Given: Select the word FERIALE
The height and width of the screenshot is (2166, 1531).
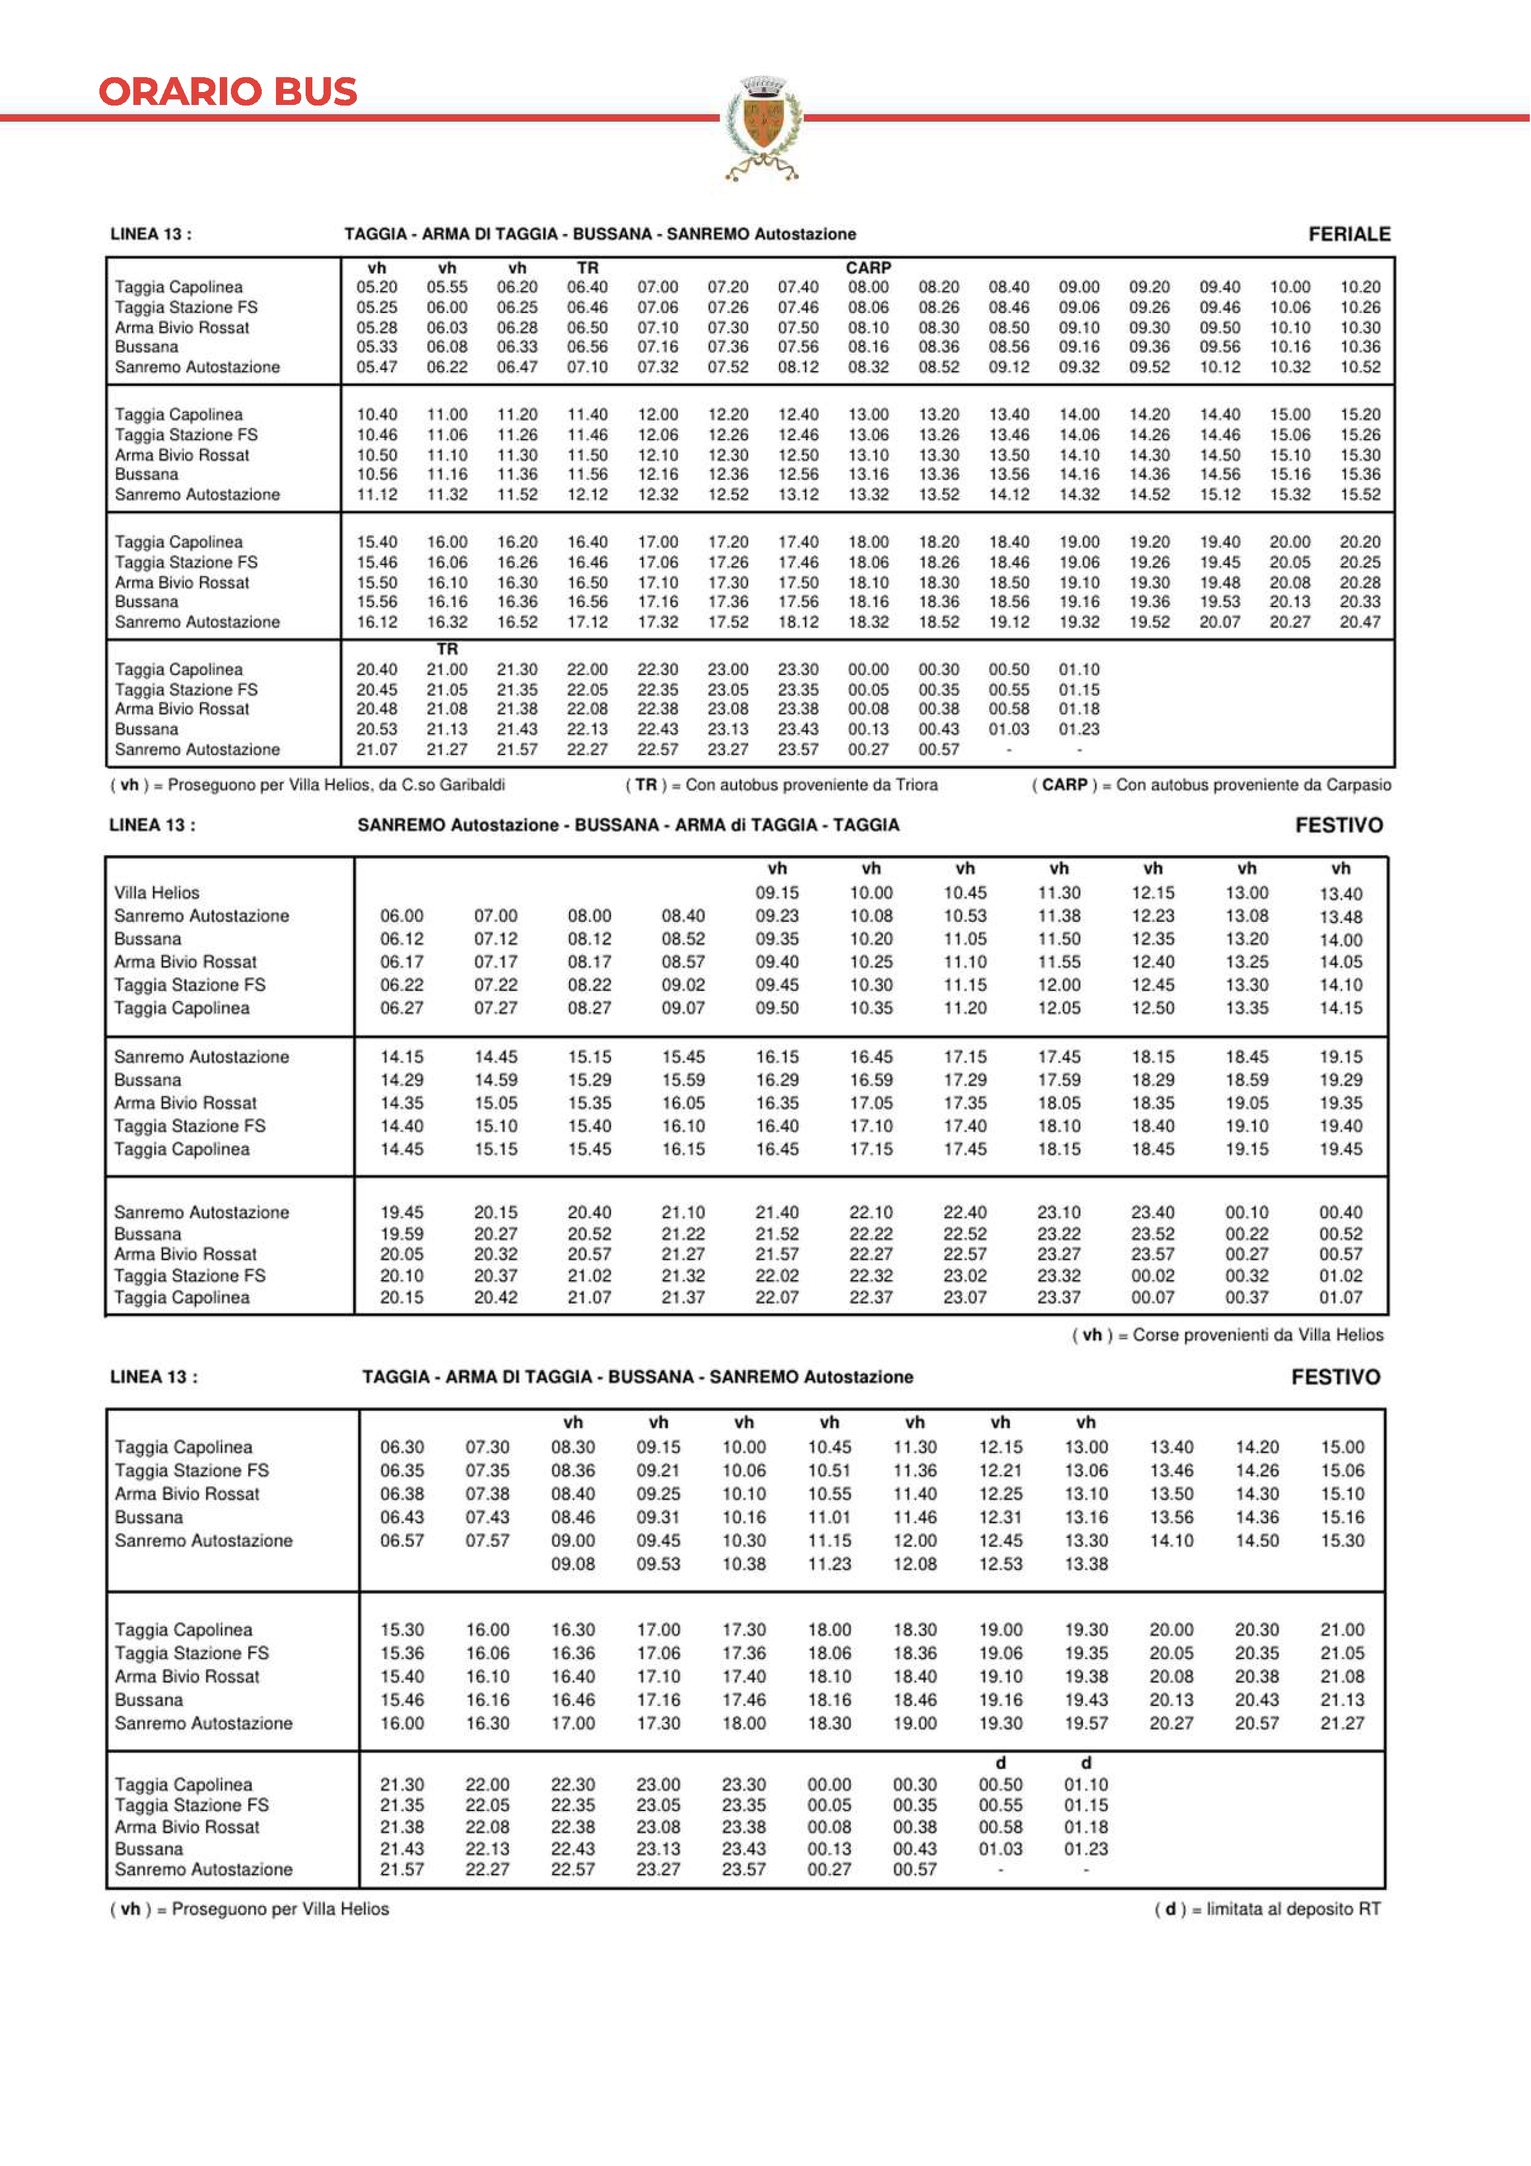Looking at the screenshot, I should tap(1349, 234).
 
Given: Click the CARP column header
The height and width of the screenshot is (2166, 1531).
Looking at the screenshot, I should tap(868, 268).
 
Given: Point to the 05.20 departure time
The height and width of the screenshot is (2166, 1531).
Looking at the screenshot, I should tap(377, 286).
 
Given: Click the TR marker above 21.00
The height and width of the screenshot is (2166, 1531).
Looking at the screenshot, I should tap(447, 649).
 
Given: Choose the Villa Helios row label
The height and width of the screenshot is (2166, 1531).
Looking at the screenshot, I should tap(157, 892).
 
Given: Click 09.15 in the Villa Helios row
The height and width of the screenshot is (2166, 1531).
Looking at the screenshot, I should tap(777, 892).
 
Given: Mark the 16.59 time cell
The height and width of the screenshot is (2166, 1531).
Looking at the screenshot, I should tap(870, 1079).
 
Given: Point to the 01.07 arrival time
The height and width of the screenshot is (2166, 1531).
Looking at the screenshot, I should tap(1340, 1297).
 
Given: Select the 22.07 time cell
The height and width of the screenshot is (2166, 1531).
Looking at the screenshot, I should tap(777, 1297).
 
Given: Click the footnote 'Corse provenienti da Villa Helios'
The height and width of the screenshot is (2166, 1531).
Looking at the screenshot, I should tap(1227, 1335).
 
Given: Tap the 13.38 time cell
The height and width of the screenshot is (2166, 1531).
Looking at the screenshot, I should tap(1086, 1563).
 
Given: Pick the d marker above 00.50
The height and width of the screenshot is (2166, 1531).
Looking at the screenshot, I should tap(1000, 1762).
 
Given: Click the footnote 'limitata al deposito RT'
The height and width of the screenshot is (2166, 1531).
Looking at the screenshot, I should tap(1267, 1909).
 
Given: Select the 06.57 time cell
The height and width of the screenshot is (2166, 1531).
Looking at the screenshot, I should tap(402, 1541).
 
